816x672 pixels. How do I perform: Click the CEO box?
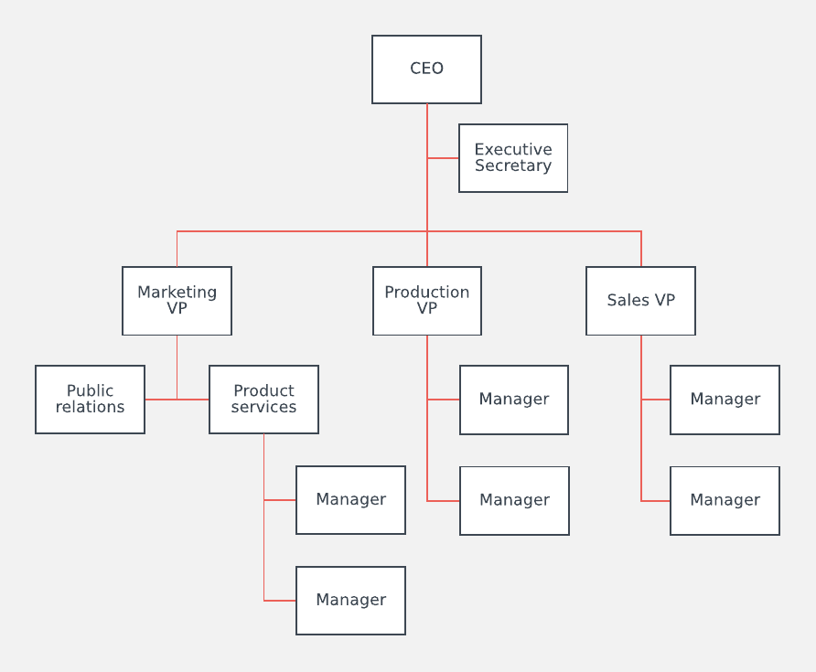click(426, 69)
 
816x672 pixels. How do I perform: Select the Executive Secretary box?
click(513, 158)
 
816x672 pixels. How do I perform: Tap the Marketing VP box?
click(177, 301)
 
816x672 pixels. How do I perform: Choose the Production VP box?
click(427, 301)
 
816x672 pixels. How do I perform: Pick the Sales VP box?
click(640, 301)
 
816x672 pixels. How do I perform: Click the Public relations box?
click(90, 400)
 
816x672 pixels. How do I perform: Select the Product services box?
click(263, 400)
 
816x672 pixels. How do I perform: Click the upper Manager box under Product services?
click(350, 500)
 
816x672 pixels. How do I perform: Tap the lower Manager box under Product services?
click(350, 601)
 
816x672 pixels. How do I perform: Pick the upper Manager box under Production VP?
click(514, 400)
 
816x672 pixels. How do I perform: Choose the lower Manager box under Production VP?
click(514, 500)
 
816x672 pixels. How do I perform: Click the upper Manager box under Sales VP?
click(725, 400)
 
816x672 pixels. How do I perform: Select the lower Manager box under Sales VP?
click(725, 500)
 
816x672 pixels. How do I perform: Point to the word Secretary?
click(513, 166)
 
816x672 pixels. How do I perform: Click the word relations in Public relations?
click(90, 408)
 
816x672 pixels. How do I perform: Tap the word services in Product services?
click(263, 408)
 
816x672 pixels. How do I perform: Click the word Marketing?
click(177, 293)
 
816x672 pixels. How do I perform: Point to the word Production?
click(427, 293)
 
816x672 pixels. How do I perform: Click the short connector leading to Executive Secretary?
click(443, 158)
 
